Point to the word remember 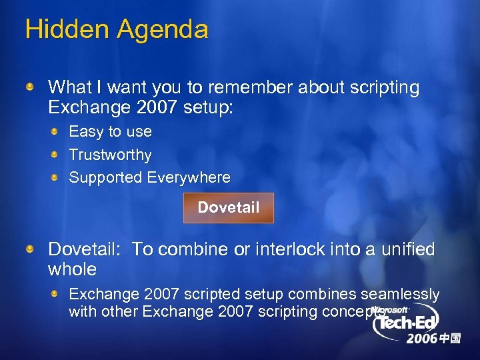click(247, 87)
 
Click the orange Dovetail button click(228, 207)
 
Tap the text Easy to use click(110, 131)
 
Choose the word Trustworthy click(110, 155)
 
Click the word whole click(72, 269)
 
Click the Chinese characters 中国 click(450, 339)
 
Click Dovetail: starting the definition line click(84, 249)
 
